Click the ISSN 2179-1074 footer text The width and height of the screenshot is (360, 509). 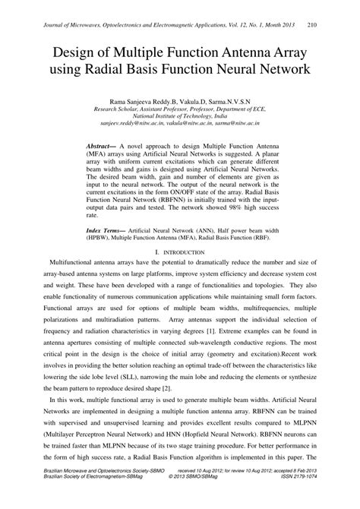tap(314, 498)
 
